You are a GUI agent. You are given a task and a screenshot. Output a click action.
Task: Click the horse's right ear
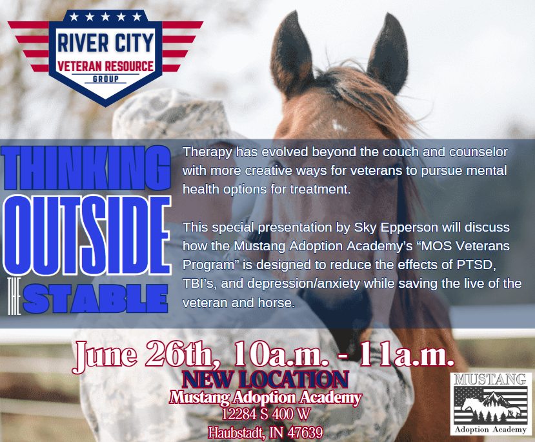[x=389, y=55]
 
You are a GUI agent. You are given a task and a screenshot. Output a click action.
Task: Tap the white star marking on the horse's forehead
[x=339, y=126]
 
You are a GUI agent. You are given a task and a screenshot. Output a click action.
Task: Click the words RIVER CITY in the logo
[x=105, y=43]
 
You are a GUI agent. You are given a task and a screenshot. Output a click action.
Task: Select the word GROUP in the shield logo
[x=106, y=79]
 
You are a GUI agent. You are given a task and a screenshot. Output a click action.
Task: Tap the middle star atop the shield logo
[x=105, y=16]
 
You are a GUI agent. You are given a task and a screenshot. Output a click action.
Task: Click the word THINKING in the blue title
[x=86, y=168]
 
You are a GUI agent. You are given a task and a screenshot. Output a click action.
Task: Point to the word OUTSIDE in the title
[x=86, y=235]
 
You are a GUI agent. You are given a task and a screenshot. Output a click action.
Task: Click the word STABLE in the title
[x=96, y=299]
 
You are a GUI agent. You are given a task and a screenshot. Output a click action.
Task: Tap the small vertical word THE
[x=14, y=296]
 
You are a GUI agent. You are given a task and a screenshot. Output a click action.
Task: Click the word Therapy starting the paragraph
[x=208, y=152]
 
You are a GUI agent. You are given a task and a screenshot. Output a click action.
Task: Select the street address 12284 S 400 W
[x=266, y=414]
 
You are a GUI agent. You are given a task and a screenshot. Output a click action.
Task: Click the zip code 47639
[x=305, y=433]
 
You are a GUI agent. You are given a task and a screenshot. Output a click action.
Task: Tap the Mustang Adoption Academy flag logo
[x=490, y=404]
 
